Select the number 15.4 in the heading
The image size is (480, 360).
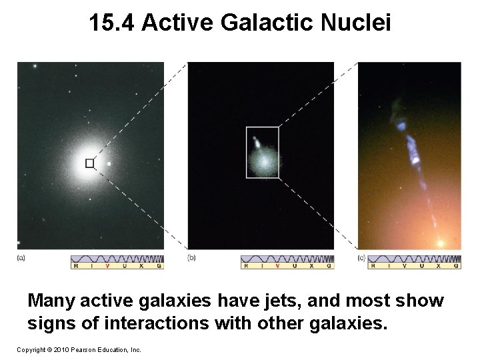(x=113, y=23)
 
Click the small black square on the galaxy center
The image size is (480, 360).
(x=89, y=163)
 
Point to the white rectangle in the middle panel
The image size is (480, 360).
(x=263, y=152)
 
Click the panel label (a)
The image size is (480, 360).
(x=21, y=257)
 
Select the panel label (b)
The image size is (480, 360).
(x=191, y=257)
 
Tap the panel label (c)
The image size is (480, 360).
(x=362, y=257)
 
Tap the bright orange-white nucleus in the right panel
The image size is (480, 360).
(x=440, y=243)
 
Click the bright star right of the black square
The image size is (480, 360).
(x=109, y=163)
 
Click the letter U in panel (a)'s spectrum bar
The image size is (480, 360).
(x=124, y=265)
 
